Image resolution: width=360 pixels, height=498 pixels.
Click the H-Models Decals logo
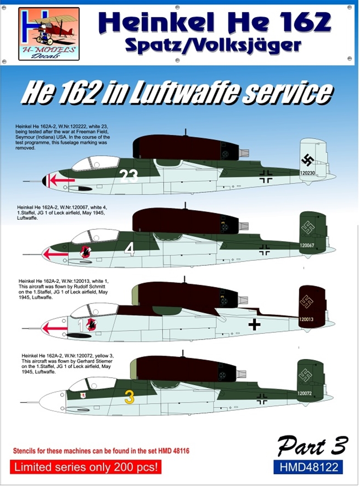click(49, 34)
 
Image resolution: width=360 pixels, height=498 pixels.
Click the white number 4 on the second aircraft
click(129, 249)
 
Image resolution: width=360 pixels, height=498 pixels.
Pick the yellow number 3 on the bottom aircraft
click(129, 397)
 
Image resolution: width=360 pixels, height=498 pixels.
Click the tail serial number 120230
click(307, 173)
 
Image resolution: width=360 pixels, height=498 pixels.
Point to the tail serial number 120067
click(307, 246)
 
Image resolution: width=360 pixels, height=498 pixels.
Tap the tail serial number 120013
click(306, 319)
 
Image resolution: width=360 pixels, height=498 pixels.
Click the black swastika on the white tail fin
click(309, 160)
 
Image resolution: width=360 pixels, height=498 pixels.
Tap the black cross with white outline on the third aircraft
click(254, 325)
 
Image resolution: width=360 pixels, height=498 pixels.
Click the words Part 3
click(312, 447)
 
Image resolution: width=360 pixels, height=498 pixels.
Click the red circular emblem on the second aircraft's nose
click(85, 251)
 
